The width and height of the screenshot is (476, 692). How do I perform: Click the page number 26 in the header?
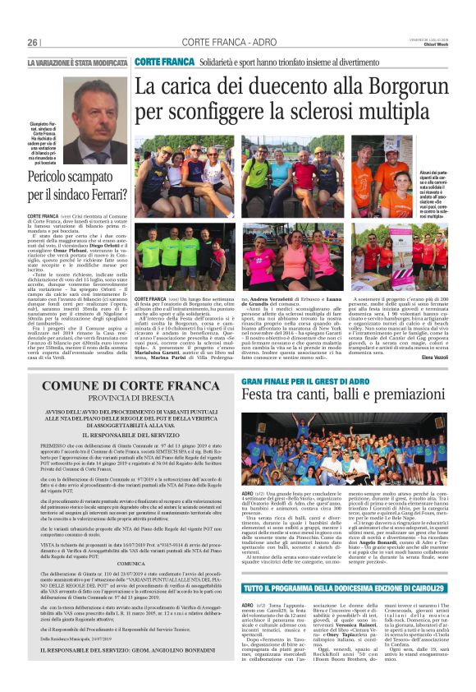[33, 42]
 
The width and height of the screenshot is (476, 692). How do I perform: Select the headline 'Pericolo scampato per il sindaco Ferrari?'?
[74, 187]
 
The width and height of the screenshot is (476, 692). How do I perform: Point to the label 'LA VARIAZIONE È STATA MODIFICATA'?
[77, 63]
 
